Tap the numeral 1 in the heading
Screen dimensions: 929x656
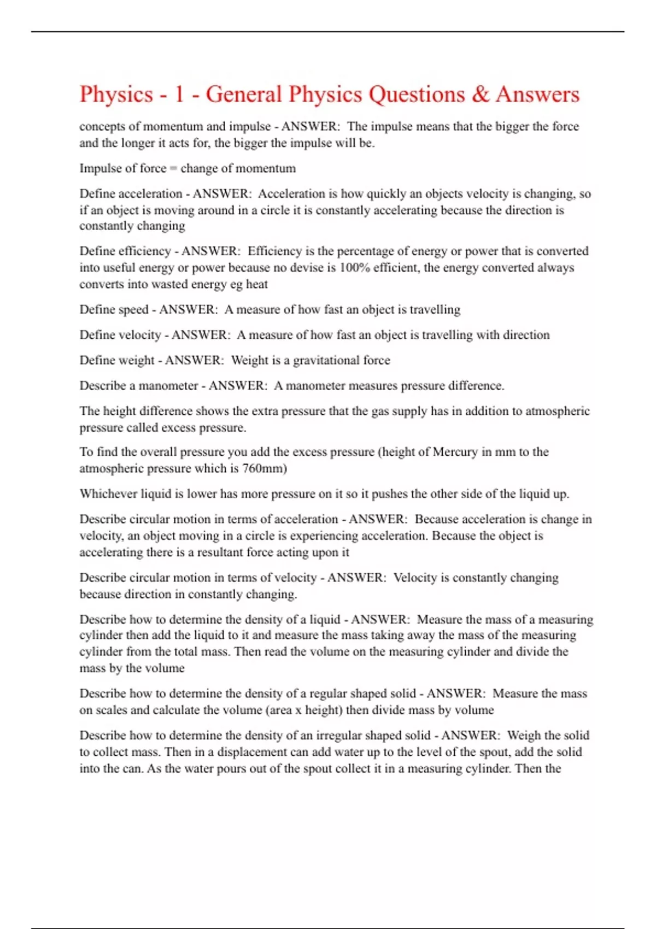179,95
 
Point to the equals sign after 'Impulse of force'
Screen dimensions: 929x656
173,169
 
